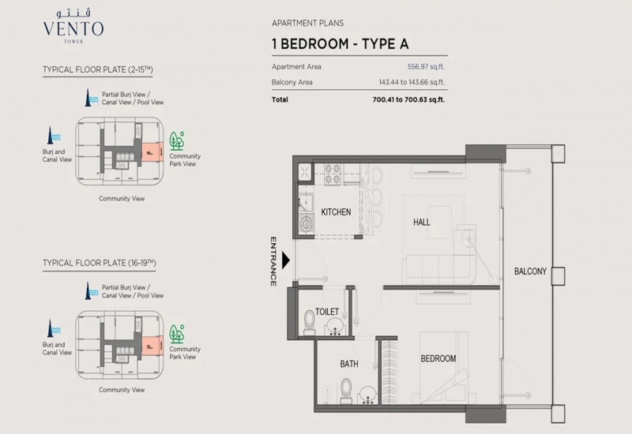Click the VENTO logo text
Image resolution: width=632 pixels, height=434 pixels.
pyautogui.click(x=73, y=29)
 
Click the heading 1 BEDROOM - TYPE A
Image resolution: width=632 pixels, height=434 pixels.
pyautogui.click(x=340, y=44)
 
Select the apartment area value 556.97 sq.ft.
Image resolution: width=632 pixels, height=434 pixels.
pyautogui.click(x=426, y=67)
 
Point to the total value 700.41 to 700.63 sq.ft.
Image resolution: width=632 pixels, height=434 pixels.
pyautogui.click(x=408, y=100)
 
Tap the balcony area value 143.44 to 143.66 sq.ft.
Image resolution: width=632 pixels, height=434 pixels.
pyautogui.click(x=412, y=83)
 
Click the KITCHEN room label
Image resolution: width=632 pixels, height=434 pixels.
pyautogui.click(x=336, y=212)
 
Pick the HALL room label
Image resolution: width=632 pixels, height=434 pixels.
pyautogui.click(x=422, y=223)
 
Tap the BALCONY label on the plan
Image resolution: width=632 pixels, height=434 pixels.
pyautogui.click(x=530, y=271)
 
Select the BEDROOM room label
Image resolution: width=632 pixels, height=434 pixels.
pyautogui.click(x=438, y=359)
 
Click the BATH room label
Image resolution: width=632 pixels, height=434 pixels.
pyautogui.click(x=349, y=364)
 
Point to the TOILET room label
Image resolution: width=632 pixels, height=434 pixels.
pyautogui.click(x=327, y=312)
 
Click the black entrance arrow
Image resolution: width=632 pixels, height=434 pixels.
pyautogui.click(x=286, y=260)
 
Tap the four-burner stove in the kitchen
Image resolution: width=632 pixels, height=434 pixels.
pyautogui.click(x=333, y=174)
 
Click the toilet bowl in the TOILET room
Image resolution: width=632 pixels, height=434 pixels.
pyautogui.click(x=310, y=322)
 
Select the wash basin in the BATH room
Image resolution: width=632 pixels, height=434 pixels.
pyautogui.click(x=367, y=395)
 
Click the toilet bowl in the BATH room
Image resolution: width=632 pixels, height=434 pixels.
pyautogui.click(x=346, y=390)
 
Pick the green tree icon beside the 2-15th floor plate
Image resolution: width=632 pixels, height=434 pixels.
pyautogui.click(x=176, y=141)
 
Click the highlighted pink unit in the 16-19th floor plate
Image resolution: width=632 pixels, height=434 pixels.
pyautogui.click(x=152, y=346)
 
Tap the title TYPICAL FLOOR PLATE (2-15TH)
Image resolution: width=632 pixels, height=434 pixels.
pyautogui.click(x=98, y=69)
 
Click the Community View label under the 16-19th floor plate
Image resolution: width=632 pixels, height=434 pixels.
pyautogui.click(x=122, y=390)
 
